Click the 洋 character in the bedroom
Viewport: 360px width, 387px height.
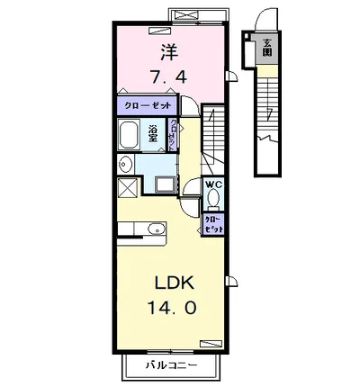click(x=168, y=52)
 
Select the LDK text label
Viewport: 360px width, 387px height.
click(x=168, y=280)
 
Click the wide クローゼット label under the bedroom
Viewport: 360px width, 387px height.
click(x=148, y=105)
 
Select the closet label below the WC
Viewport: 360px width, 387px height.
click(x=214, y=224)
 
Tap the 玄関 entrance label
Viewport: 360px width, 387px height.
click(x=267, y=47)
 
